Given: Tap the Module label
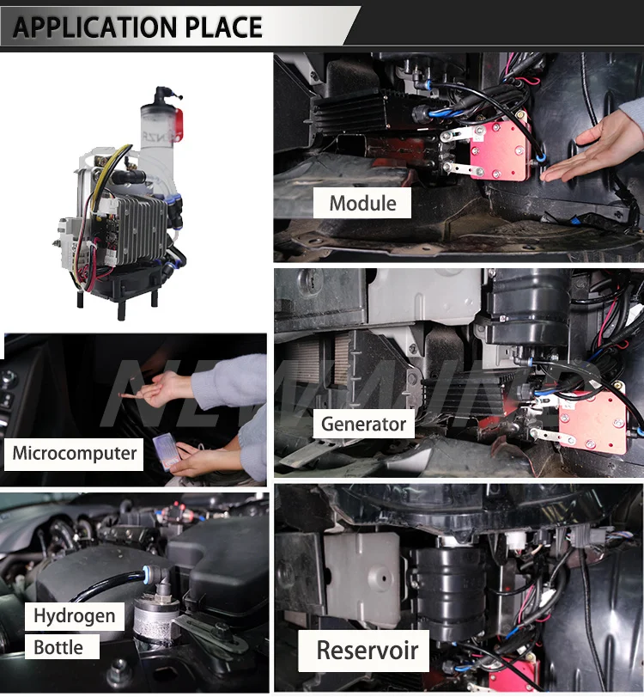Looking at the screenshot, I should point(362,204).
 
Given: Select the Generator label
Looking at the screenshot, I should point(362,424).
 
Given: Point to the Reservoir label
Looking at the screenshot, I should point(367,650).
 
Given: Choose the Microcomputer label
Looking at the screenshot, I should point(75,453).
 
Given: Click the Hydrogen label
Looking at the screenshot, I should point(74,615).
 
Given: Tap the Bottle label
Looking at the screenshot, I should point(58,647).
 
